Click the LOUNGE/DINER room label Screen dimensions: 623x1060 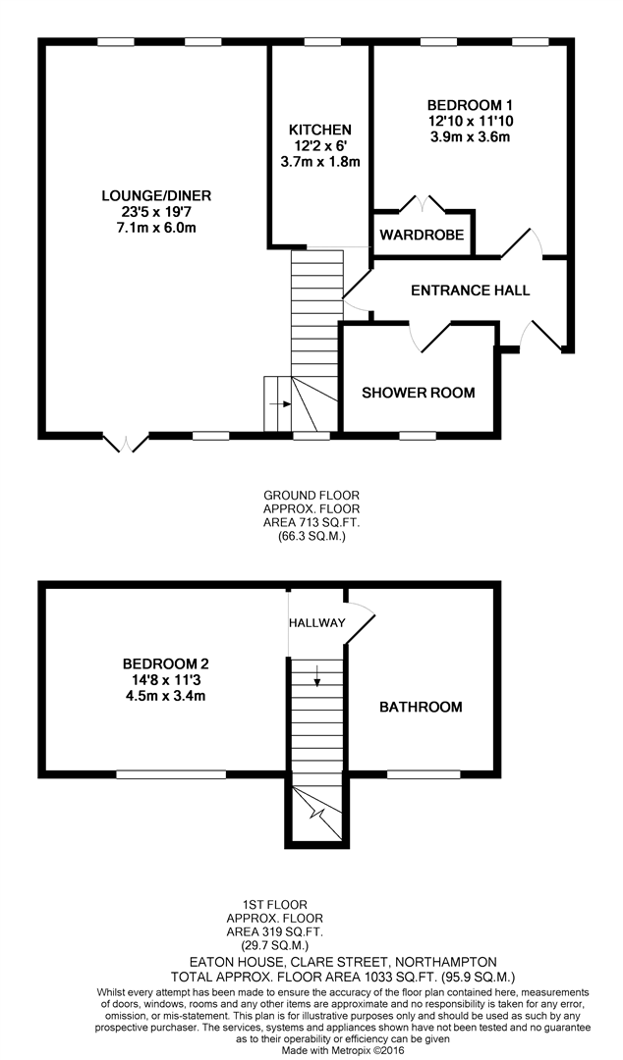tap(156, 196)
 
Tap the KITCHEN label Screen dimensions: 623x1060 tap(319, 130)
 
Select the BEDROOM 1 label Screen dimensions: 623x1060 tap(470, 105)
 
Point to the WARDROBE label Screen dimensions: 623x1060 tap(422, 236)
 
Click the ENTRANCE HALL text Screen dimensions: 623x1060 tap(471, 291)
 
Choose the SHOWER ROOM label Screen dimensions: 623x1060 tap(419, 393)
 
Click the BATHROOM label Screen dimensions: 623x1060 tap(421, 708)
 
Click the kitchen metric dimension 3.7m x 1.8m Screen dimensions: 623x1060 tap(319, 162)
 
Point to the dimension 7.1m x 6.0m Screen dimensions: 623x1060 tap(156, 228)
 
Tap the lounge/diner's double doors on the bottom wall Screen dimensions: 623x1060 tap(126, 442)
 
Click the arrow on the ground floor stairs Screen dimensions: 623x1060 tap(280, 404)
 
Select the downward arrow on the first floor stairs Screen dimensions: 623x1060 tap(317, 676)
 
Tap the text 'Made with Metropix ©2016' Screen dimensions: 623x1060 tap(343, 1051)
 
